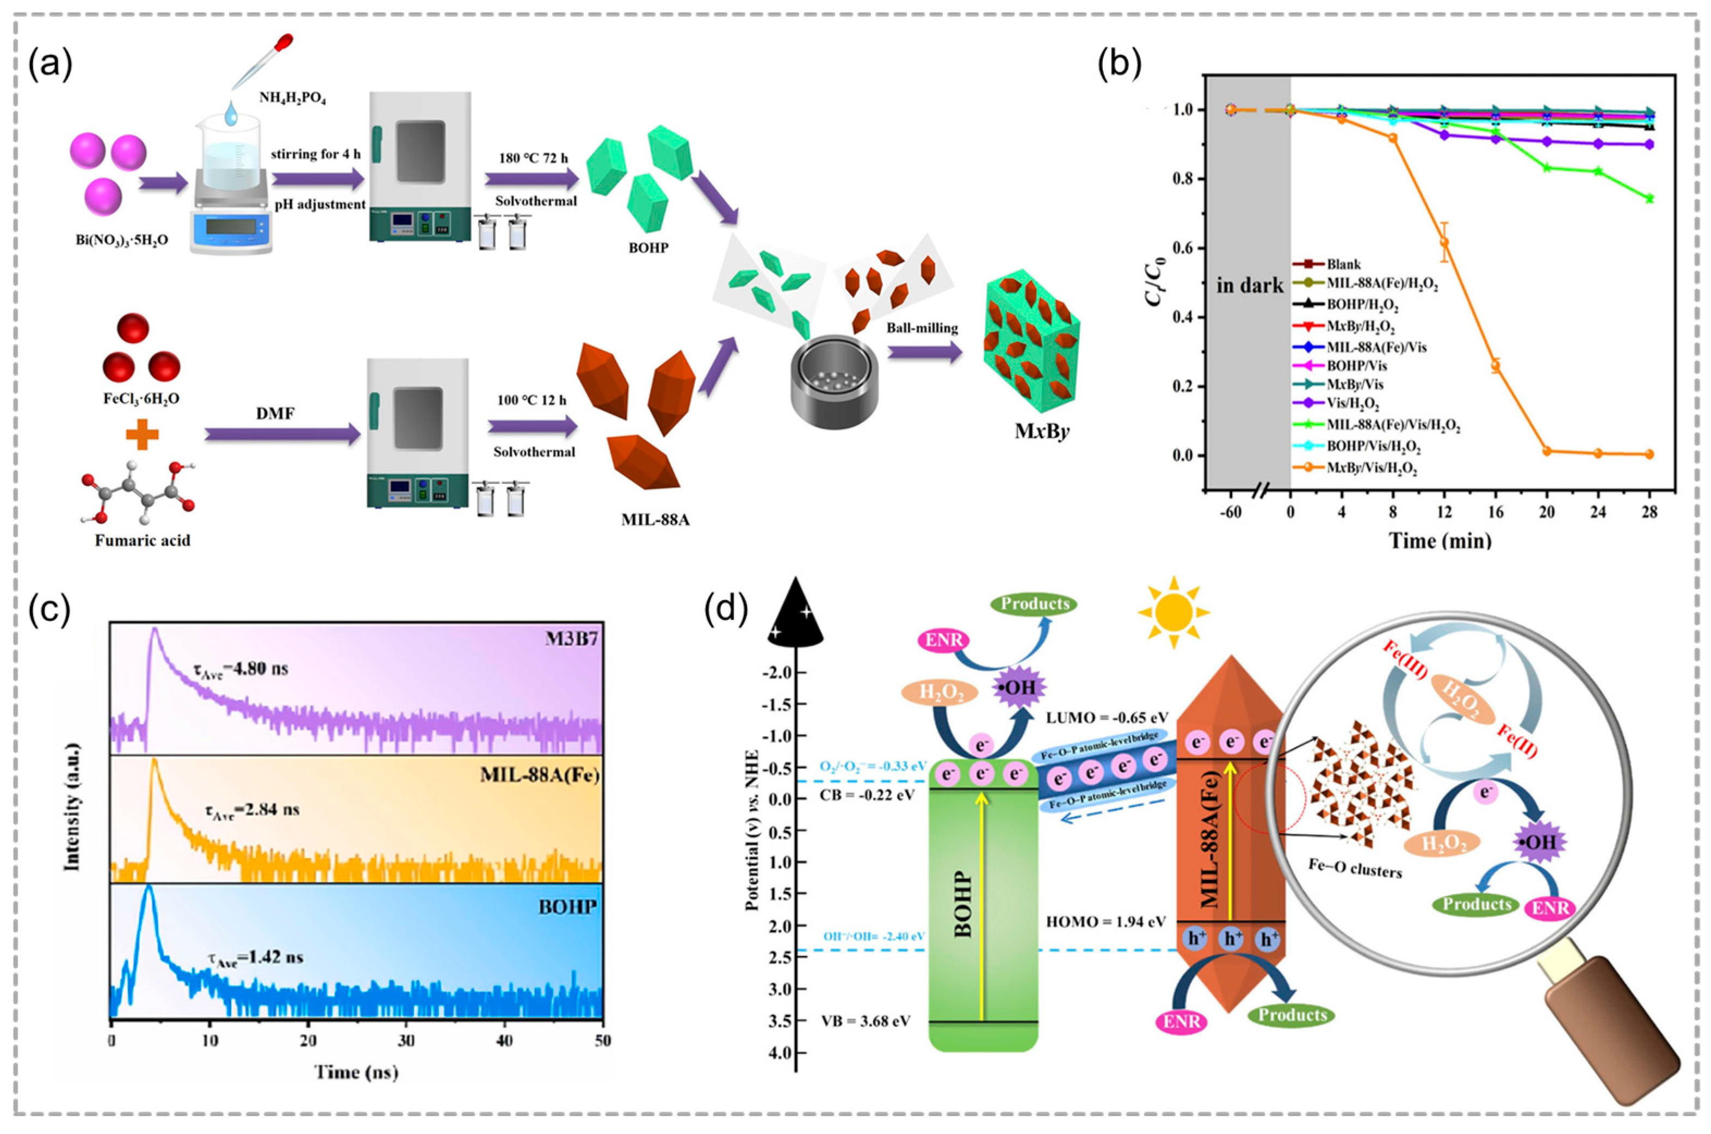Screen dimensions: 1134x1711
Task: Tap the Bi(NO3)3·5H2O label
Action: pos(123,239)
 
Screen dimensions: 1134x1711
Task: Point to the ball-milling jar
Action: pos(833,379)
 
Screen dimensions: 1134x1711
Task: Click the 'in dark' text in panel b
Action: pos(1250,286)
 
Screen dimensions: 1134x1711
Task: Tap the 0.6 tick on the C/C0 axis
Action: pos(1185,248)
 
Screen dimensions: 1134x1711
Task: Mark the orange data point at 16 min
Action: pos(1496,366)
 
